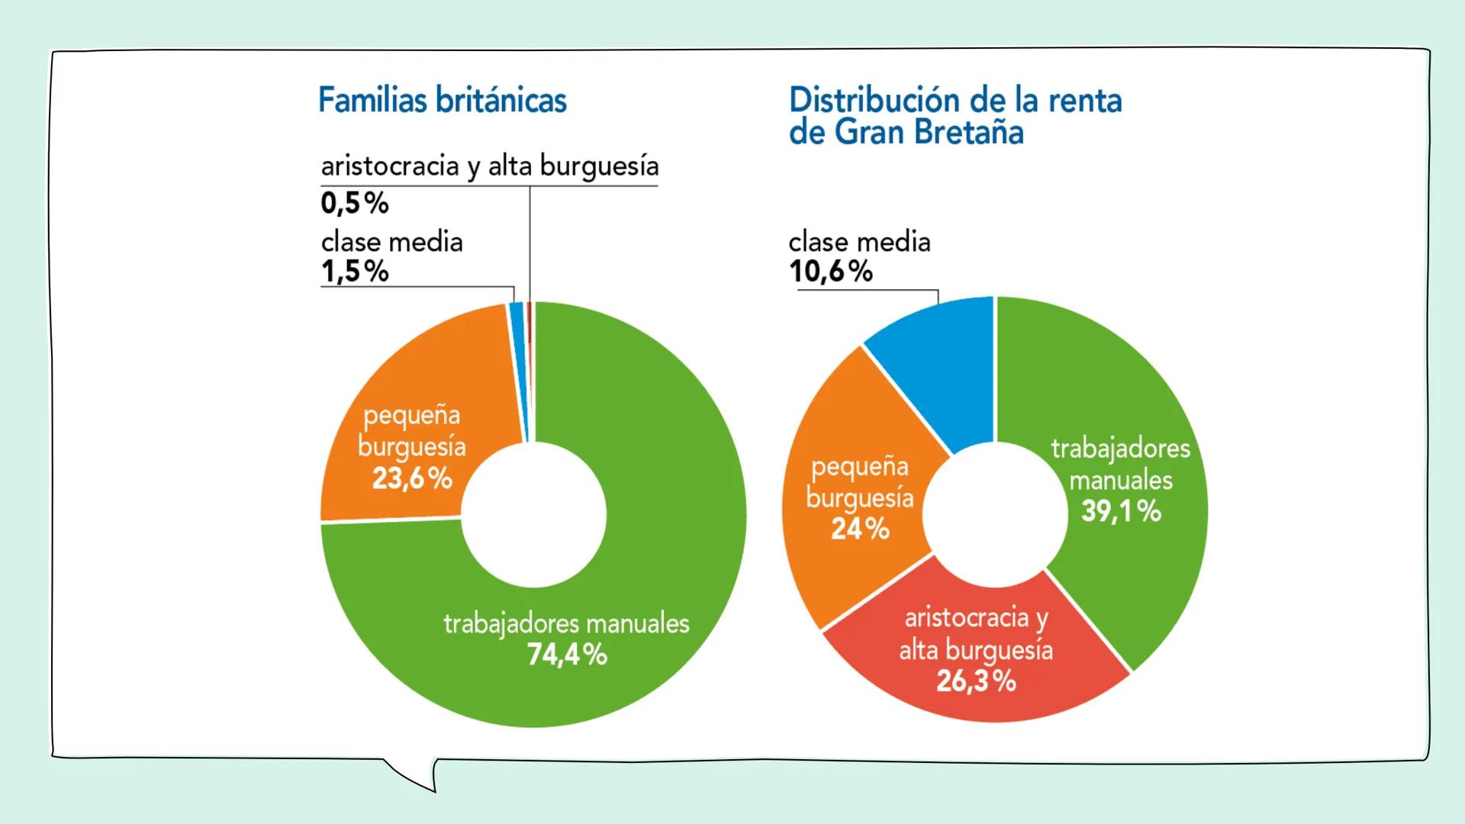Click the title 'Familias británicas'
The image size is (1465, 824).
[x=442, y=101]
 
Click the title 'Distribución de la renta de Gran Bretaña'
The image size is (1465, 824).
[x=955, y=116]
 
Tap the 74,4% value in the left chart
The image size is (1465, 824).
[x=567, y=655]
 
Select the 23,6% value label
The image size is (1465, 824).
[x=412, y=478]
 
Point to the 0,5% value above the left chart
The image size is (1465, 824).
[x=355, y=203]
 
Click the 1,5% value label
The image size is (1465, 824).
[x=355, y=271]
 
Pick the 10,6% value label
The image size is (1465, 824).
[x=830, y=271]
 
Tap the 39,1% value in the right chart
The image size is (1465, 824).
[x=1121, y=511]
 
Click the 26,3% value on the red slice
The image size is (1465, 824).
[x=976, y=681]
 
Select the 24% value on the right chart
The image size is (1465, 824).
[x=860, y=528]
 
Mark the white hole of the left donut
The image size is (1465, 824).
[x=534, y=515]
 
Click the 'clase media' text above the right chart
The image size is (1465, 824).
[x=859, y=242]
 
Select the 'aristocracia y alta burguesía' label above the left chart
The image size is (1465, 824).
[x=489, y=166]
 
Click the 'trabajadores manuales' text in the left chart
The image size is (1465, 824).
[x=566, y=623]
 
